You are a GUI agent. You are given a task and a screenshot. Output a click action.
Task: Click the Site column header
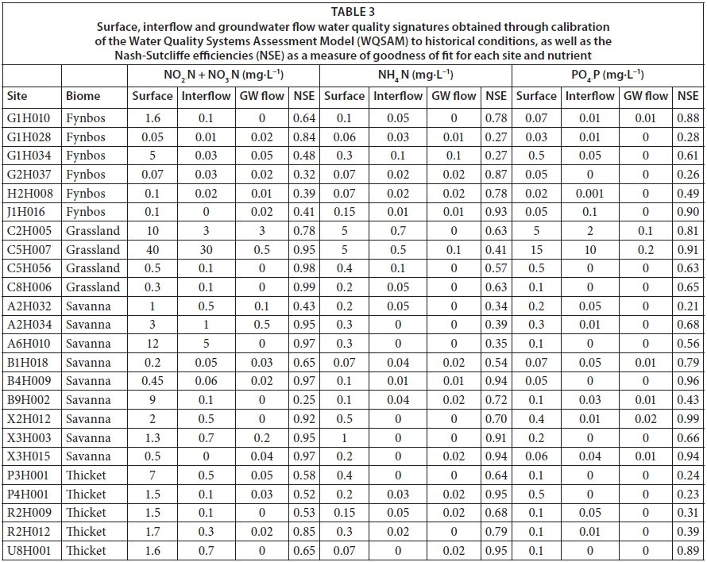(17, 96)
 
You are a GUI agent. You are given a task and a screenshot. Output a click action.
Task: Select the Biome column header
(83, 96)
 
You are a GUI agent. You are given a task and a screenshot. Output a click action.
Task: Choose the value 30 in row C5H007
(207, 250)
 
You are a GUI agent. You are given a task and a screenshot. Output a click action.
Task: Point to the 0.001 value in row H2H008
(590, 194)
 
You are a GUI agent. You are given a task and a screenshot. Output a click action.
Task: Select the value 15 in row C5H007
(536, 250)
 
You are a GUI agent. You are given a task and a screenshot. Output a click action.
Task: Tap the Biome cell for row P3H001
(86, 475)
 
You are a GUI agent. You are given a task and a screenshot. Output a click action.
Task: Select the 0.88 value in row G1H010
(688, 118)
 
